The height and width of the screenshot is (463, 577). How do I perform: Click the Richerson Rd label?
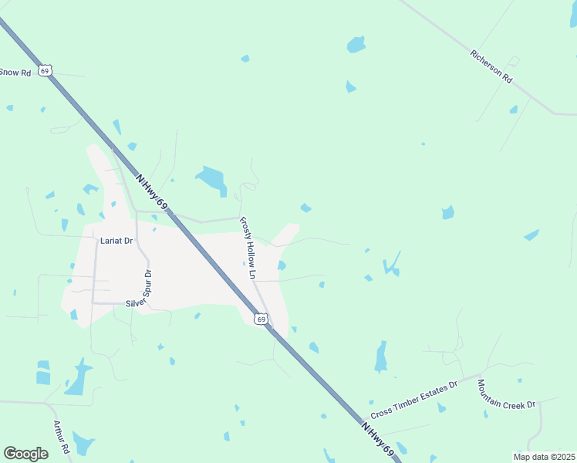[491, 66]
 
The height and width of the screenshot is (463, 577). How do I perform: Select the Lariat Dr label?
[116, 241]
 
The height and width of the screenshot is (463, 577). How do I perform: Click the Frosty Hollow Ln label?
[248, 247]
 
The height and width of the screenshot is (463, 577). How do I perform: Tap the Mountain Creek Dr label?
[506, 395]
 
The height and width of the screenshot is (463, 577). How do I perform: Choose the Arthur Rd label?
[62, 437]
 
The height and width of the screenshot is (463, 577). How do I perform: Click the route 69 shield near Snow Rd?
[46, 70]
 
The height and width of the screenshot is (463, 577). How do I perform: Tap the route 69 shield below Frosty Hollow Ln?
[262, 319]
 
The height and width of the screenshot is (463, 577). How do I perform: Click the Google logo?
[25, 453]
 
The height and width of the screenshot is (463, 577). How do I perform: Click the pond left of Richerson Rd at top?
[356, 44]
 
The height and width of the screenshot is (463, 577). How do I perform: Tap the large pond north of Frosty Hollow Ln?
[211, 179]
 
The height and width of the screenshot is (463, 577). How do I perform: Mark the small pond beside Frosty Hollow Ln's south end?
[282, 266]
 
